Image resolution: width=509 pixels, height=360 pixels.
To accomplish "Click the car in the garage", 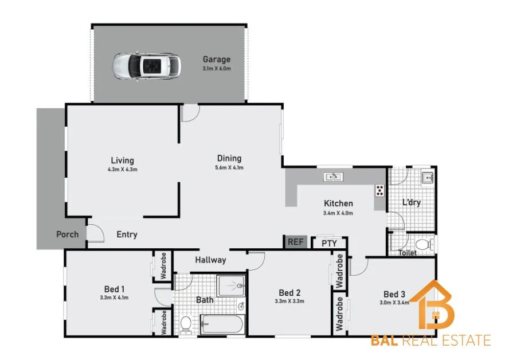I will point(147,66).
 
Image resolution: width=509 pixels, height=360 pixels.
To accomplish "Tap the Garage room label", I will point(216,60).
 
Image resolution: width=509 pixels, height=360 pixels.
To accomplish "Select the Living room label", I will point(122,161).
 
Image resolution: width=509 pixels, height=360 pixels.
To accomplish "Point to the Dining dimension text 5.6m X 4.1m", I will point(229,168).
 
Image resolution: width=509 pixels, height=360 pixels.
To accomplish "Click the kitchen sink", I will point(333,177).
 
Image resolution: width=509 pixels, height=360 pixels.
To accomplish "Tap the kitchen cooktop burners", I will point(379,190).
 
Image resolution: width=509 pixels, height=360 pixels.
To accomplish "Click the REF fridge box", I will point(295,242).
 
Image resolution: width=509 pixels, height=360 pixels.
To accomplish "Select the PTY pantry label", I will point(329,244).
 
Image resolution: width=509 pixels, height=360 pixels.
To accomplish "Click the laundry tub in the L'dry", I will point(428,178).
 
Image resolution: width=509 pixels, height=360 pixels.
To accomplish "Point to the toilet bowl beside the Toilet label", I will point(423,245).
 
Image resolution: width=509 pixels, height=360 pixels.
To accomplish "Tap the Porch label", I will point(67,234).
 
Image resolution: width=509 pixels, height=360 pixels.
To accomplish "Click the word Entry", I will point(127,234).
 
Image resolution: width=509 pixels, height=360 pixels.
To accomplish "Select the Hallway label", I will point(210,260).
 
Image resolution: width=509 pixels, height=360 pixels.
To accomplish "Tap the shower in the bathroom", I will point(231,285).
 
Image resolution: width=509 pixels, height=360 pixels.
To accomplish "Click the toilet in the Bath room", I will point(185,325).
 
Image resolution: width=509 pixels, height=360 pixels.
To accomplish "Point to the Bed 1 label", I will point(115,289).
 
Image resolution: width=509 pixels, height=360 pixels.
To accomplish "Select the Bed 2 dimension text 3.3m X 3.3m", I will point(289,301).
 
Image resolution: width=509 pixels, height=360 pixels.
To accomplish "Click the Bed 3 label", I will point(395,295).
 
